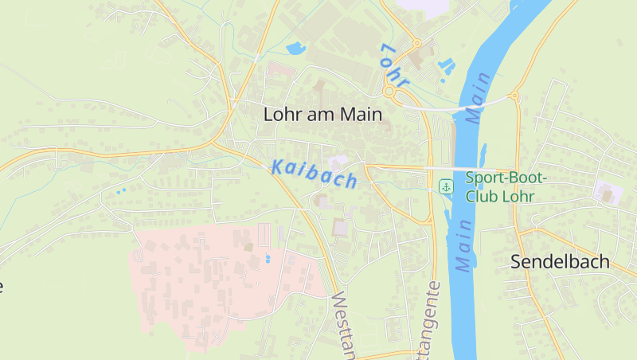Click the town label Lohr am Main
click(322, 115)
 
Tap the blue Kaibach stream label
click(314, 174)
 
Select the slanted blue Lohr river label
click(394, 65)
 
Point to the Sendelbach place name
click(560, 261)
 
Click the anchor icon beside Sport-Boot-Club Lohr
click(446, 186)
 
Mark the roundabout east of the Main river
click(514, 96)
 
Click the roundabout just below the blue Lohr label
click(389, 93)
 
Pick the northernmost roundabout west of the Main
click(416, 43)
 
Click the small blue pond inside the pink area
click(267, 259)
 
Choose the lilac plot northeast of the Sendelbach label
click(608, 191)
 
